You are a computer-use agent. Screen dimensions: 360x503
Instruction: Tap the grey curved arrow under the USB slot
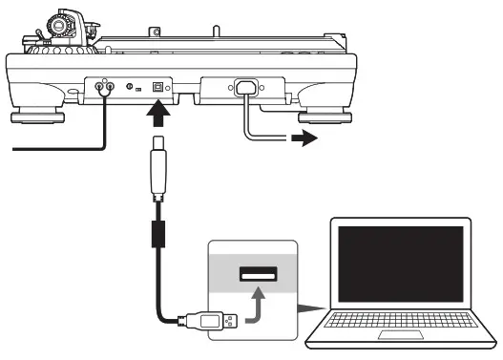(x=256, y=305)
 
